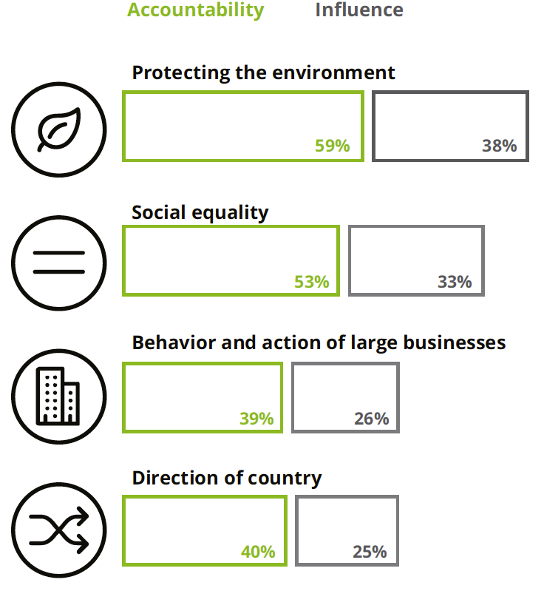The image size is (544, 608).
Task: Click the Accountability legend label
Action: click(195, 10)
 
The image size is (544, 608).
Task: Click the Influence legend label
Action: click(359, 10)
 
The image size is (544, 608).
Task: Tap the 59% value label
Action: click(332, 146)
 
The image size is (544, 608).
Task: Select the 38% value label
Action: click(499, 146)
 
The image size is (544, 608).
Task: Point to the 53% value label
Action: click(311, 282)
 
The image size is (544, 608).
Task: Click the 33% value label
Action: click(454, 282)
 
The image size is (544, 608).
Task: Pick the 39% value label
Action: click(256, 419)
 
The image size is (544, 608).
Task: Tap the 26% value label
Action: click(371, 419)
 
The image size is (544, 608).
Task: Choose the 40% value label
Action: click(258, 552)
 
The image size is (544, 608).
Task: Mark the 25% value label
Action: click(370, 552)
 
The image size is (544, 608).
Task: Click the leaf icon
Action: click(59, 129)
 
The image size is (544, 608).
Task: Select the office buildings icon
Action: click(59, 396)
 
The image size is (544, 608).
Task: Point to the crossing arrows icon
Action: click(59, 530)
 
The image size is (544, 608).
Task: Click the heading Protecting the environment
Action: click(263, 72)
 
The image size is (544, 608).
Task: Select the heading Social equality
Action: click(200, 212)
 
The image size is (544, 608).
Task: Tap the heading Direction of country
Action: click(226, 478)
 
